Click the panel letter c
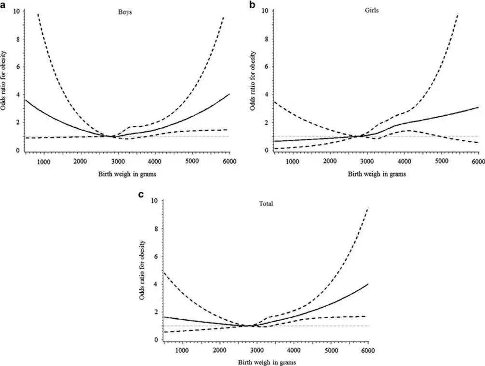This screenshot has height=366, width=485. coord(141,195)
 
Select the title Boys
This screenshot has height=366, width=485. coord(125,12)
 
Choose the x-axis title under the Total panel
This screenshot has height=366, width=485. coord(266,362)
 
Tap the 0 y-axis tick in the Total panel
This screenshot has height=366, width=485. coord(155,340)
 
